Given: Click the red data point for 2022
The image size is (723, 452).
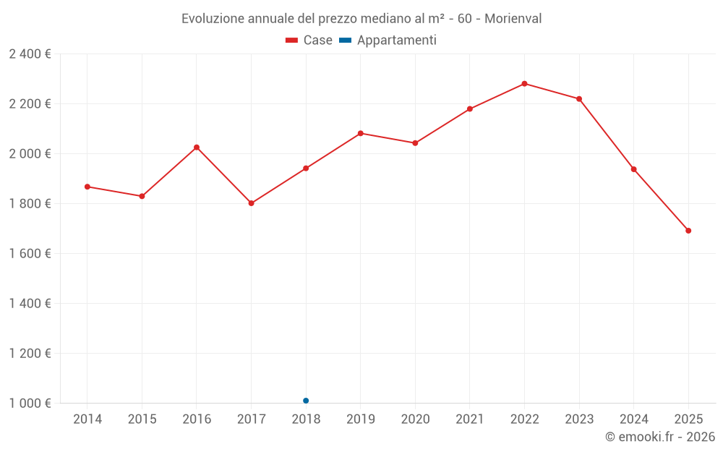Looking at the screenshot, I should (524, 84).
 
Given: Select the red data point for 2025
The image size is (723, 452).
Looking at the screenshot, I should (688, 231).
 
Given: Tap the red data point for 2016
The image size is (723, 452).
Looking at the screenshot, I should (197, 148).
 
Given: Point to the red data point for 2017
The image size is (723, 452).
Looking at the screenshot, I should (252, 203).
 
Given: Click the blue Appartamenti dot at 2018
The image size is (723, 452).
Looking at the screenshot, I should (306, 401).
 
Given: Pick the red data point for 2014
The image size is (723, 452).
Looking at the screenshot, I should (87, 187).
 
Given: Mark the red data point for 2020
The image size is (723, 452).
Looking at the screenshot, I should (415, 143).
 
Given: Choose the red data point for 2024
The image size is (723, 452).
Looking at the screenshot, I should (633, 169).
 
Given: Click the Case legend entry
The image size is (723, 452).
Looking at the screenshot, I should (309, 40).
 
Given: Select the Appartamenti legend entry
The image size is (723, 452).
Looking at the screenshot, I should (388, 40).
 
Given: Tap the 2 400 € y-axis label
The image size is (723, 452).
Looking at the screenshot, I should (30, 54).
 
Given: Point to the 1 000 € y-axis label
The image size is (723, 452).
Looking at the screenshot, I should (30, 404).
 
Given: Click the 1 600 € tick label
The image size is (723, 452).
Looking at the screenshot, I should (30, 254).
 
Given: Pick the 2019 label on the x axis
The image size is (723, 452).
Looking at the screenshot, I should (360, 419).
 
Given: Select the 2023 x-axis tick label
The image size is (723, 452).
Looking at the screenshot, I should (579, 419).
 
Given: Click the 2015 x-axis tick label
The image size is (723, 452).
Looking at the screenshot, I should (142, 419).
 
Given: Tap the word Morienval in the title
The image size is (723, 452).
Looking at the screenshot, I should (513, 19).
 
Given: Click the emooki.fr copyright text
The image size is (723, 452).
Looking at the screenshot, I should (659, 437).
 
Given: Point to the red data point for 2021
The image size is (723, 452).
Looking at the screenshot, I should (470, 109).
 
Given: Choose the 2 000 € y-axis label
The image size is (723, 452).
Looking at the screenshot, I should (30, 154).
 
